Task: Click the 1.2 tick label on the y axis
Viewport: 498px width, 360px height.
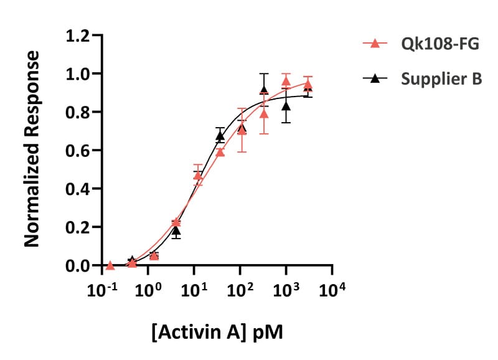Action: coord(77,36)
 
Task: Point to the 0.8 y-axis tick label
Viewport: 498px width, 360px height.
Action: coord(77,112)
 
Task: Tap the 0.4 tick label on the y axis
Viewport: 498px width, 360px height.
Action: coord(77,189)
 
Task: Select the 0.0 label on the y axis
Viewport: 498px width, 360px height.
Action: coord(77,265)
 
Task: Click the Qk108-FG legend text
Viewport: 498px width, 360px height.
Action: coord(440,44)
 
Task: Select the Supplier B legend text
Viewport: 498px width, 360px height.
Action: coord(441,79)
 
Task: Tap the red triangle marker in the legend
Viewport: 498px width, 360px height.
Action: coord(375,43)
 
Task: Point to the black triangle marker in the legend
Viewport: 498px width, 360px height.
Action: coord(375,78)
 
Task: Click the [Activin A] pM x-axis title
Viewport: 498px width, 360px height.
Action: coord(217,333)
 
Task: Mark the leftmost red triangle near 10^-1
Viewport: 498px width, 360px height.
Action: coord(110,265)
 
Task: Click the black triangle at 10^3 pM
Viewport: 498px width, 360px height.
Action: coord(286,106)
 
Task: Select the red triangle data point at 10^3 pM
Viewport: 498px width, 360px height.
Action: coord(286,82)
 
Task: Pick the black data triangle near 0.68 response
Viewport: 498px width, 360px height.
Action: coord(220,136)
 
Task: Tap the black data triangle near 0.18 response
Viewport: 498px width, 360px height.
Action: coord(176,230)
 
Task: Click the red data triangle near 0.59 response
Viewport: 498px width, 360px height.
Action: coord(220,152)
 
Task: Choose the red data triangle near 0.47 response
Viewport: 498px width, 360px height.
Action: coord(198,176)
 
